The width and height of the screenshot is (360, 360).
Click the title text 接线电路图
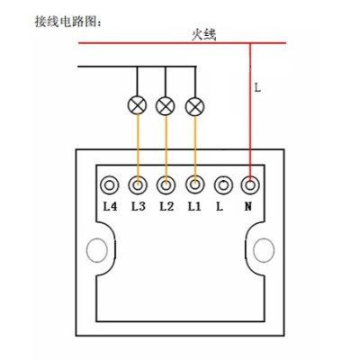tap(67, 22)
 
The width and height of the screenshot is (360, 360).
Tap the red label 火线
tap(204, 34)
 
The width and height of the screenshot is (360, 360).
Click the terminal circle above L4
tap(110, 185)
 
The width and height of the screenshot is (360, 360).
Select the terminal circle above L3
tap(138, 185)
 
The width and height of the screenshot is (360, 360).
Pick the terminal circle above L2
tap(166, 185)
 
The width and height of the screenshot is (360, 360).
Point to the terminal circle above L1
tap(195, 184)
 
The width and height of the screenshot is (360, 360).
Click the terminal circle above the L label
tap(223, 185)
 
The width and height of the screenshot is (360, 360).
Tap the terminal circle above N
tap(250, 185)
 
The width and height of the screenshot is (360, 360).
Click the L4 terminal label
tap(110, 206)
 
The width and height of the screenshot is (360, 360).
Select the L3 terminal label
tap(139, 206)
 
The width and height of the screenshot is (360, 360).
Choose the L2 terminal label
tap(166, 206)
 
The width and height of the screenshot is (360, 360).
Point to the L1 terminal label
tap(194, 206)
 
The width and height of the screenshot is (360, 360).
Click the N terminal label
tap(248, 206)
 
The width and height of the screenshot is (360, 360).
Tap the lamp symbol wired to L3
tap(137, 105)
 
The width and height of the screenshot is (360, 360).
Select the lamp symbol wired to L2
tap(165, 106)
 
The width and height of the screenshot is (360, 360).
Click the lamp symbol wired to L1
tap(195, 107)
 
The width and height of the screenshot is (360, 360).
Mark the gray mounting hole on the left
tap(97, 250)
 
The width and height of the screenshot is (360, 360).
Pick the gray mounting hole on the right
tap(264, 250)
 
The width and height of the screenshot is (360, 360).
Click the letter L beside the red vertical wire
tap(257, 87)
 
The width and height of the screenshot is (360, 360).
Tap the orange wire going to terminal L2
tap(166, 150)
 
